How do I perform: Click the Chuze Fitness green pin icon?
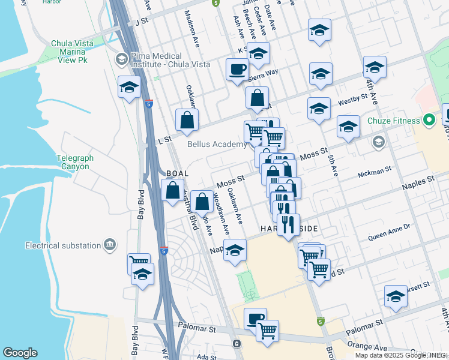point(429,120)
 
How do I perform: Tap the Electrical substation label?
point(63,245)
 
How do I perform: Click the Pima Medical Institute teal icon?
point(121,59)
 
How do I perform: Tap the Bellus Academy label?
point(217,144)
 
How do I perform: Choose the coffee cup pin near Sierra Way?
point(237,69)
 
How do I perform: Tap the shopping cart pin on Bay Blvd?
point(139,262)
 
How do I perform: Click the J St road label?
point(142,21)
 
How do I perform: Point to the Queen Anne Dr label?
point(388,227)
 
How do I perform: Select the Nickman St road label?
point(374,172)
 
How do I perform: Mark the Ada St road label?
point(206,356)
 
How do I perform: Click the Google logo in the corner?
point(20,353)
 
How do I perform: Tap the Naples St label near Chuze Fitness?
point(420,180)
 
